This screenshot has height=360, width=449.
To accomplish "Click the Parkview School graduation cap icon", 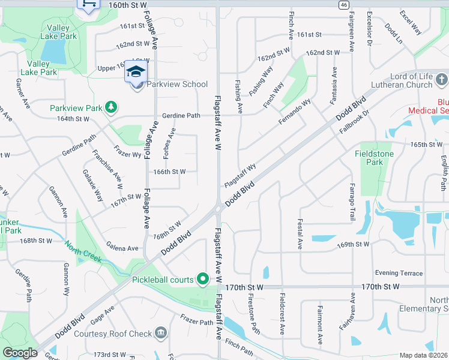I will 136,72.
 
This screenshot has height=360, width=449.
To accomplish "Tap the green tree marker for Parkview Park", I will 110,107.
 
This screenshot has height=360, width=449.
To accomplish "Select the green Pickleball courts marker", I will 203,279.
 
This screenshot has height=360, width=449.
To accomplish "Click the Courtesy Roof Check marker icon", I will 160,333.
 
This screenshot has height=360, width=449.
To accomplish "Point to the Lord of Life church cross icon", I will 441,79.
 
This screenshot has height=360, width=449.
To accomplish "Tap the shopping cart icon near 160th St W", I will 88,4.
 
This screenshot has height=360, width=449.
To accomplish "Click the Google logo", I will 20,353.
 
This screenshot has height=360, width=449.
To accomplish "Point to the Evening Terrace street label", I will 399,273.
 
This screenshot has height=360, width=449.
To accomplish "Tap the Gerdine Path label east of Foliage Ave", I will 181,115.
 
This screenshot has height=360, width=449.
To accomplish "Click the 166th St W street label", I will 169,172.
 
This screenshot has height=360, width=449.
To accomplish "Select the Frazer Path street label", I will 197,322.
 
